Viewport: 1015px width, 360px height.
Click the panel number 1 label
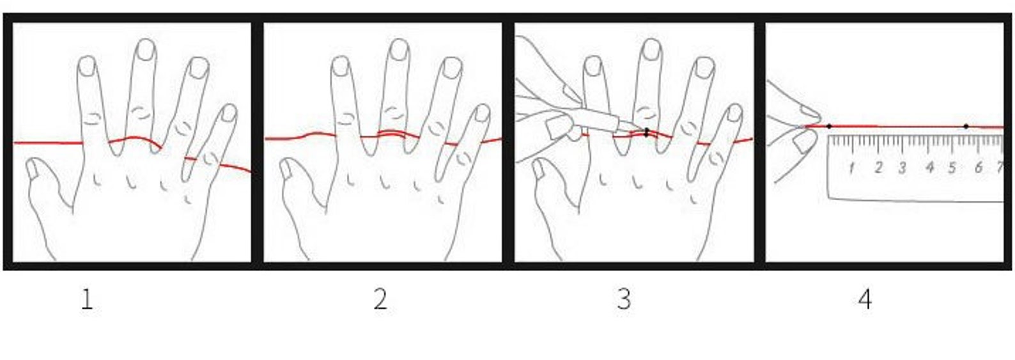86,300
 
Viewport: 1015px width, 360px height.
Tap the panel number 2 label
380,300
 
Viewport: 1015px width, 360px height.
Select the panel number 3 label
624,300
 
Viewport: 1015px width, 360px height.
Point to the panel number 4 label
865,300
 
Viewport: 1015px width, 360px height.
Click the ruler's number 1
851,168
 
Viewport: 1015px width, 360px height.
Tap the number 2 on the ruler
879,168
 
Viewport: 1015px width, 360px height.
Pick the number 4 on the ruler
930,168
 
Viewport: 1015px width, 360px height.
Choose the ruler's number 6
979,168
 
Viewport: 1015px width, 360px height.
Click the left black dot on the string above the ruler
829,127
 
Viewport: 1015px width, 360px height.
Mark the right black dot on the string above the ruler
966,127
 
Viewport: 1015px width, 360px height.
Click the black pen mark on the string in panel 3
647,132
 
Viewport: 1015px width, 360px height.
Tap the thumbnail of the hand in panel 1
33,169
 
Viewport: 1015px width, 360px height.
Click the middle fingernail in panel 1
146,50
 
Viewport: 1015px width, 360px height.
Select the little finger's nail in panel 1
229,113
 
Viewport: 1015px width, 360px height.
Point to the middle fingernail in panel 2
399,50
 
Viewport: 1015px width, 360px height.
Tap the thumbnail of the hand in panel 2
286,169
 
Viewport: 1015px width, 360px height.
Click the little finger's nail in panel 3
734,113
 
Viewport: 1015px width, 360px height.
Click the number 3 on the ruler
903,168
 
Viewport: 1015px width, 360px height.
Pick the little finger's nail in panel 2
482,113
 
